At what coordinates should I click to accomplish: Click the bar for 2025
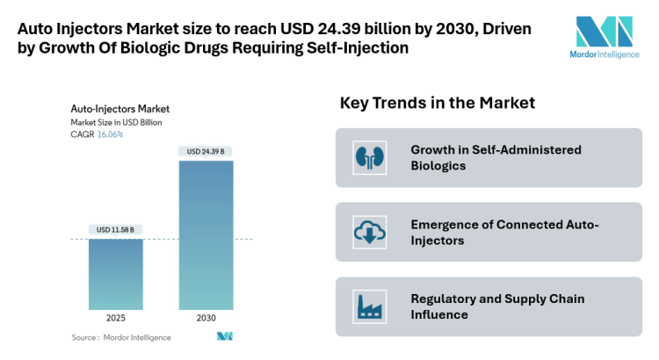point(115,273)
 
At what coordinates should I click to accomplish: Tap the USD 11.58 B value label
point(115,230)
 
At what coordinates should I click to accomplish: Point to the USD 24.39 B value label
point(206,152)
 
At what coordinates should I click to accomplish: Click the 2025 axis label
point(115,318)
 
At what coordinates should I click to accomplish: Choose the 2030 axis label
point(206,318)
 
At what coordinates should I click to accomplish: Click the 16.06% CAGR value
point(109,134)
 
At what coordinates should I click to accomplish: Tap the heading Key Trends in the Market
point(437,104)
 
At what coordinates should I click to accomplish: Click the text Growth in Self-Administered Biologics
point(496,158)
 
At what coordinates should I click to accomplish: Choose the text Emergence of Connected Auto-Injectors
point(504,232)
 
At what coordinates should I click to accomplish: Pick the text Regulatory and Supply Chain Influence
point(497,306)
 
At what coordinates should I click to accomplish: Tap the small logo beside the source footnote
point(224,337)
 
